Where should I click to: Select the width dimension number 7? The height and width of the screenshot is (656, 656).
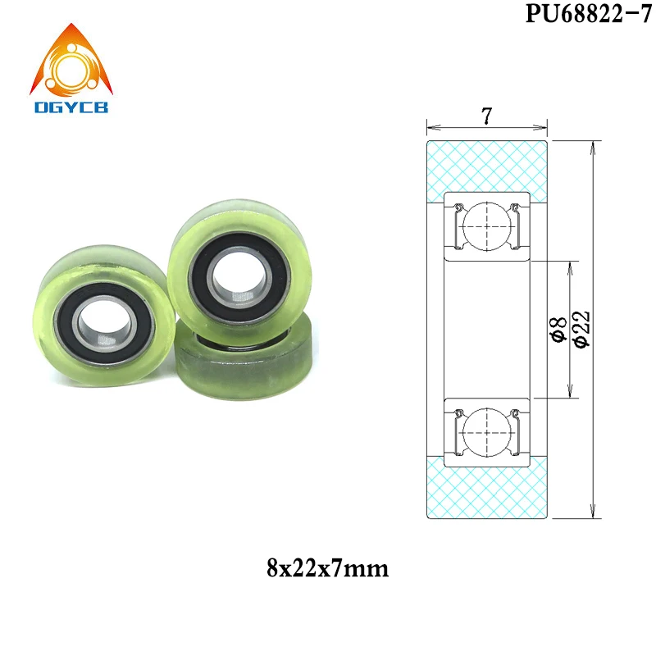486,116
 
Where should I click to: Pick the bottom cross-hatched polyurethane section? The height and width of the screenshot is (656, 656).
486,487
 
